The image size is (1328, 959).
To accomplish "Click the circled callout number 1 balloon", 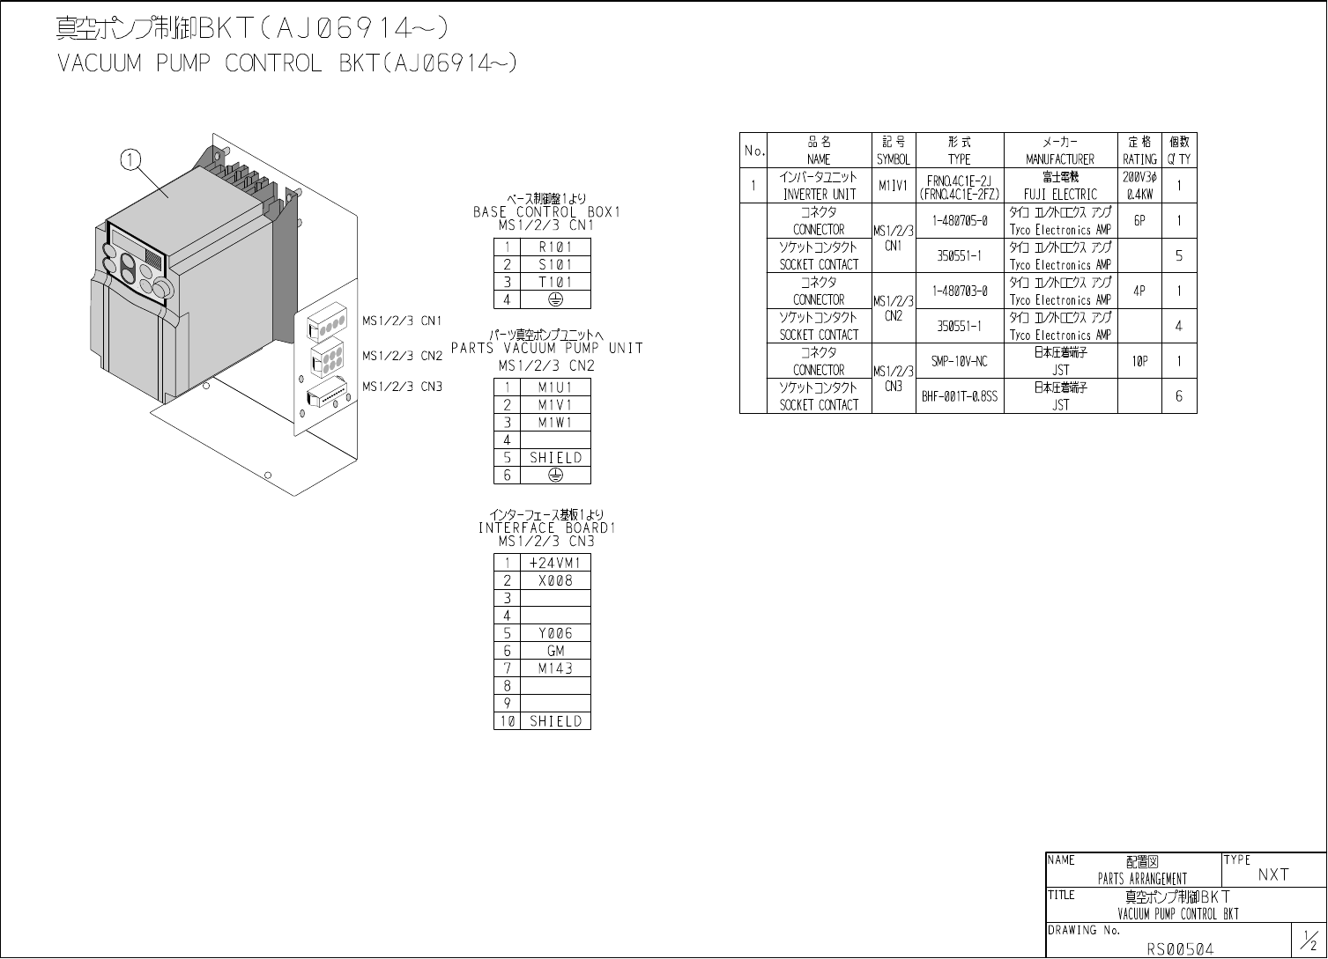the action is (130, 159).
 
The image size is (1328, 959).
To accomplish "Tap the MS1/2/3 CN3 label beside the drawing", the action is (402, 387).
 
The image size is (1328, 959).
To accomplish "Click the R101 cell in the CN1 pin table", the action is (555, 247).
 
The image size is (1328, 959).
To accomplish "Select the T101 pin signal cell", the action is (555, 283).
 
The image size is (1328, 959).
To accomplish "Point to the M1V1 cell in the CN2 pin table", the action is (555, 405).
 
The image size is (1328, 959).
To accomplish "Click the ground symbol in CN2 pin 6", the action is (555, 476).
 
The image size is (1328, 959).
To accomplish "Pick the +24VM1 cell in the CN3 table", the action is (555, 563).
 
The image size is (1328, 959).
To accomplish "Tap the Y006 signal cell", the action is (555, 633).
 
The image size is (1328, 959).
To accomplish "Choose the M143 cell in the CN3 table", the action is (555, 668).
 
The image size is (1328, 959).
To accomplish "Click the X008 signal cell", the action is (555, 580).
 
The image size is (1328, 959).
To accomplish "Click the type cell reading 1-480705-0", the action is (960, 221).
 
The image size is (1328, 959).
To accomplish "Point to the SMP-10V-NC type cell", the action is (960, 361).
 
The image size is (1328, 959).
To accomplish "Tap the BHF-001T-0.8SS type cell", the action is (960, 396).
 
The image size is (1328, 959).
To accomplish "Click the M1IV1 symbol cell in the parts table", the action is (893, 186).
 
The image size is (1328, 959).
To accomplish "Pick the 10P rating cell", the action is (1139, 361).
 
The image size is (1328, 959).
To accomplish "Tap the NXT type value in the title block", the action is (1273, 874).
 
